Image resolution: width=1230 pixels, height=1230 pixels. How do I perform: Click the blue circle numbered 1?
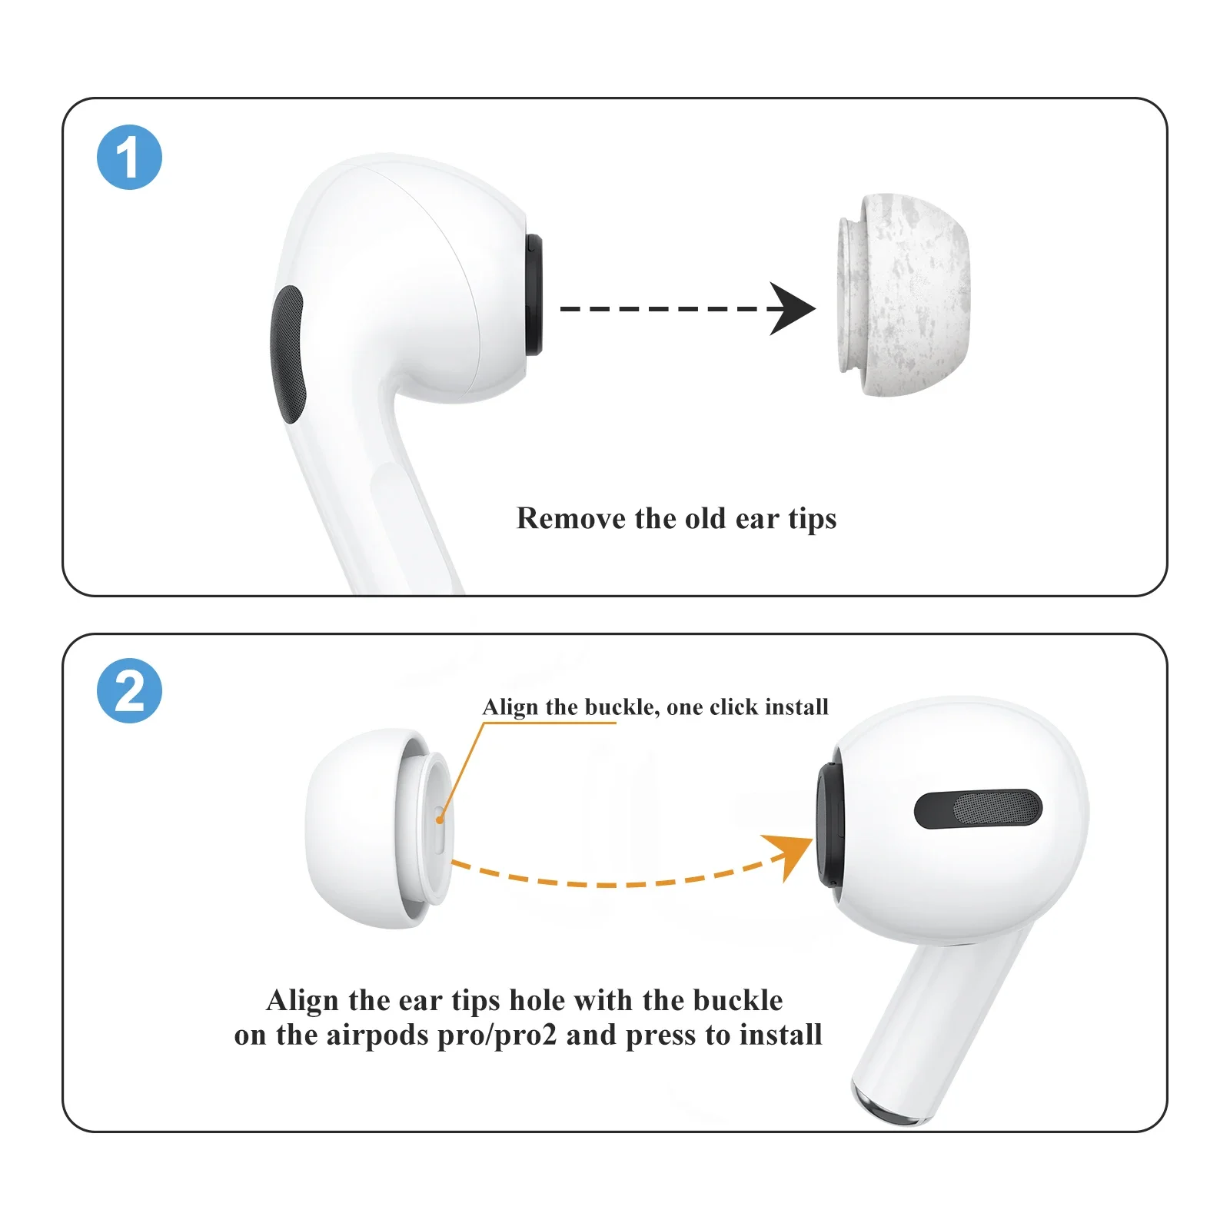click(129, 157)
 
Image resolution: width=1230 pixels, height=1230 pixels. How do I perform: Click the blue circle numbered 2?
click(129, 690)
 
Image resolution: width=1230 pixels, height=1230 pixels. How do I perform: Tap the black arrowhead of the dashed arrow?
click(791, 308)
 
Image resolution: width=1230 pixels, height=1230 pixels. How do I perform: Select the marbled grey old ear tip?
click(904, 295)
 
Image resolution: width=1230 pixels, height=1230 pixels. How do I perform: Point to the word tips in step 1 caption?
click(812, 520)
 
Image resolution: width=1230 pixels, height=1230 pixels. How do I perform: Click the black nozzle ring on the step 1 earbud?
click(534, 296)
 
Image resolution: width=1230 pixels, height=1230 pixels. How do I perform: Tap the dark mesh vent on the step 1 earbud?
click(288, 354)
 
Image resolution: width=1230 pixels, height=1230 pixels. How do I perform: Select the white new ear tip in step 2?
click(361, 829)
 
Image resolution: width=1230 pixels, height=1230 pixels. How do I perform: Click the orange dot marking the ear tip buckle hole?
click(439, 820)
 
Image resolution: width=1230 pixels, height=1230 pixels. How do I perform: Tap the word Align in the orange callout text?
click(510, 706)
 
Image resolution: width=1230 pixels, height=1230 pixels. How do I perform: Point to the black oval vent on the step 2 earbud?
click(978, 809)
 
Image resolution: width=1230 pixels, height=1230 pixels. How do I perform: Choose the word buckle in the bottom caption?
click(737, 1000)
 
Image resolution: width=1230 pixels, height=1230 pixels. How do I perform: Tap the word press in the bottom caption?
click(661, 1036)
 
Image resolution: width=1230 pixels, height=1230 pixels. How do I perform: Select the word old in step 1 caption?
click(705, 518)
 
